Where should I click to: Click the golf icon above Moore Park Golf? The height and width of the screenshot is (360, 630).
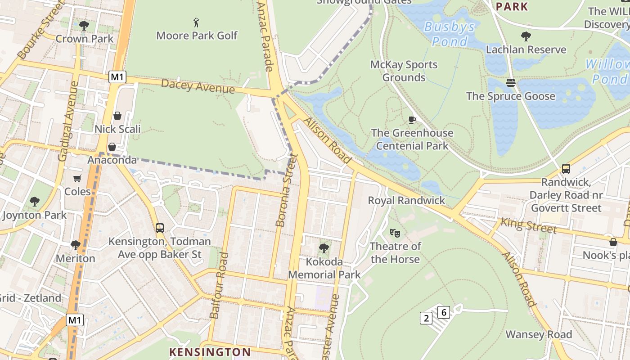(196, 22)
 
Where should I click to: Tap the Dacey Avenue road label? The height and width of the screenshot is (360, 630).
(198, 86)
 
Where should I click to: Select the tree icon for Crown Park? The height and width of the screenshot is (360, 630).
(84, 25)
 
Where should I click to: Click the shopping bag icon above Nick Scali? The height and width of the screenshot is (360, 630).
(117, 116)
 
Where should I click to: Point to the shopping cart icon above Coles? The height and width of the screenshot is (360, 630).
(77, 178)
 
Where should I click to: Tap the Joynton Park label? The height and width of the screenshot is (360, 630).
(34, 215)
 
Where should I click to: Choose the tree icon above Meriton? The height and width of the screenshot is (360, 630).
(75, 245)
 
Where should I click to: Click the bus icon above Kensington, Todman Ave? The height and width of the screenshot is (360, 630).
(160, 228)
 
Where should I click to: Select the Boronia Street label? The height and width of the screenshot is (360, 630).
(287, 190)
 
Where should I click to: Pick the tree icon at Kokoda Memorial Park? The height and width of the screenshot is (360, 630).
(324, 248)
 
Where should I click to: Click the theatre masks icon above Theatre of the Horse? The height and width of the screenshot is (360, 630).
(395, 233)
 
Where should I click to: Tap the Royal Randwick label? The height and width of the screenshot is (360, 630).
(406, 200)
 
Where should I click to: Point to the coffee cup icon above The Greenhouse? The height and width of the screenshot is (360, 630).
(412, 120)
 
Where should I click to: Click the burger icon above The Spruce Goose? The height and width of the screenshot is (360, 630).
(510, 82)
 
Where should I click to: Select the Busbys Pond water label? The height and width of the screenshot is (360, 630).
(449, 34)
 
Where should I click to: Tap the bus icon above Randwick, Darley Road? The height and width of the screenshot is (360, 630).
(566, 169)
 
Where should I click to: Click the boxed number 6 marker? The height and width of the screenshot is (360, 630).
(444, 312)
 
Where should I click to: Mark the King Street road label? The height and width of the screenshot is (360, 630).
(529, 225)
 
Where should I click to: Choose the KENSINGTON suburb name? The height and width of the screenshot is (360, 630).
(210, 352)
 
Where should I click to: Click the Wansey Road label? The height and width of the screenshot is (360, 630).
(539, 334)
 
